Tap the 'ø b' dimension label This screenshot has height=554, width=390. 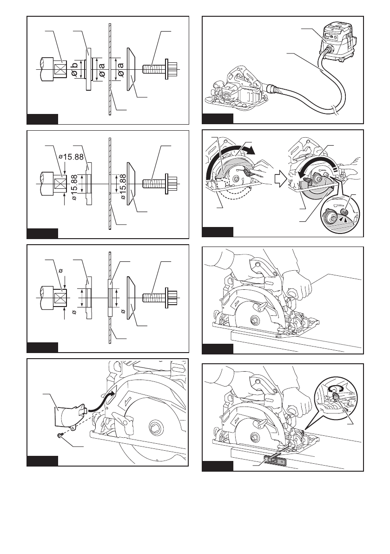(x=74, y=69)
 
